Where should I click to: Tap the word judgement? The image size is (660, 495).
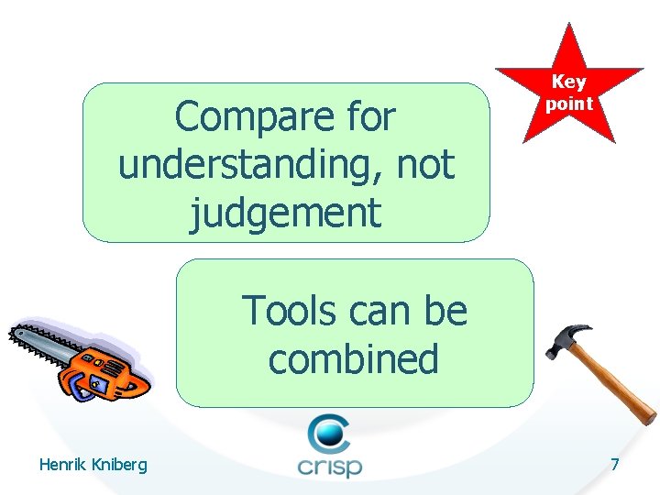pos(285,213)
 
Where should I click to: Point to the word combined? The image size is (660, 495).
pos(353,358)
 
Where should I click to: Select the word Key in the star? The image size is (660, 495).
pos(569,82)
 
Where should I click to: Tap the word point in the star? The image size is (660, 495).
pos(569,103)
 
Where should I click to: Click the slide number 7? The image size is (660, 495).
pos(614,465)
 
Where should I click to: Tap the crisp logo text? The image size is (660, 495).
pos(330,466)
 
